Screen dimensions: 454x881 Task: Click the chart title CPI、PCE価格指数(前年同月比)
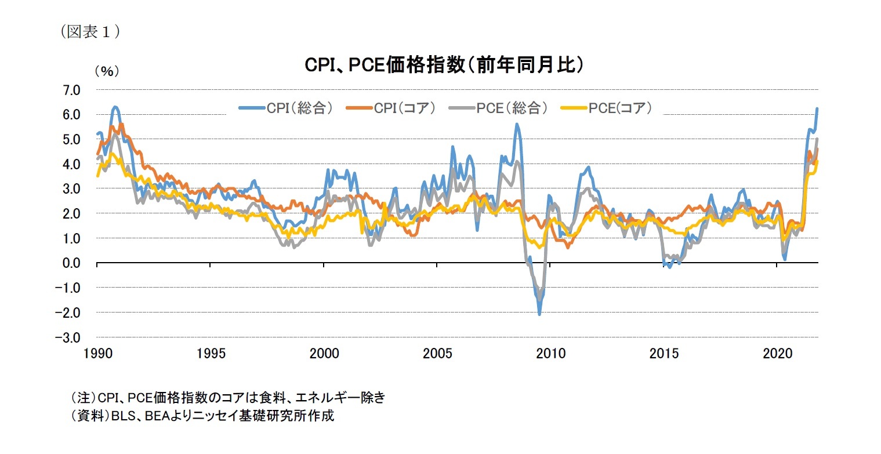coord(444,66)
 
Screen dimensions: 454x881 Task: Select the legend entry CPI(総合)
coord(286,108)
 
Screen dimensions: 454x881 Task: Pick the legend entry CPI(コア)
coord(391,108)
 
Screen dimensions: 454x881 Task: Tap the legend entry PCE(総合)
coord(498,108)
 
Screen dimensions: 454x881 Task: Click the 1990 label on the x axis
coord(97,353)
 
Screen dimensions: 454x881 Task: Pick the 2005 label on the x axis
coord(437,353)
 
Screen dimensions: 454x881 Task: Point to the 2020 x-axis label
coord(777,353)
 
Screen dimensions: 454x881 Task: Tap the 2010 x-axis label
coord(550,353)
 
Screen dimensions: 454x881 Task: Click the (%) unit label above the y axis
coord(106,71)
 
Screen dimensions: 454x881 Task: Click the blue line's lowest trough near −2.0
coord(539,314)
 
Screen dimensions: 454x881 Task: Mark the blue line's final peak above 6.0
coord(817,108)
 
